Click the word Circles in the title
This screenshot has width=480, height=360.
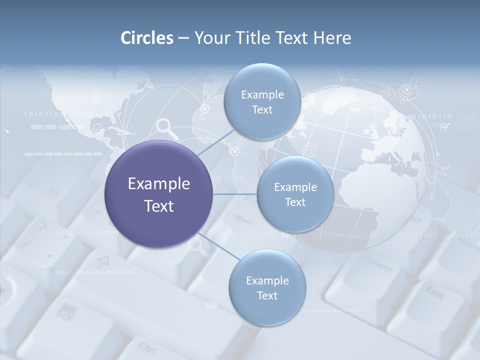coord(146,38)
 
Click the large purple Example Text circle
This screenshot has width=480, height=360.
coord(158,194)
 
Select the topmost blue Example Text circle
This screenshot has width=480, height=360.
coord(262,102)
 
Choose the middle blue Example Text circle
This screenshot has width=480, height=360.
coord(295,194)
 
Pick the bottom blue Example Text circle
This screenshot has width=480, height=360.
coord(267,287)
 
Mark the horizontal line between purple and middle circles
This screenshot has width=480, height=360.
coord(234,194)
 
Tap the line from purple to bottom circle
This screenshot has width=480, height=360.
coord(218,246)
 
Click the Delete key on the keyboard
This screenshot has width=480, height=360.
coord(378,264)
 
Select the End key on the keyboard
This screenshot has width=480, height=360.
coord(434,292)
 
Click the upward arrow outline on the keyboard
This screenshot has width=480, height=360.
coord(103,261)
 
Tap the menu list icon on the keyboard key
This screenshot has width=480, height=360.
coord(63,312)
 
